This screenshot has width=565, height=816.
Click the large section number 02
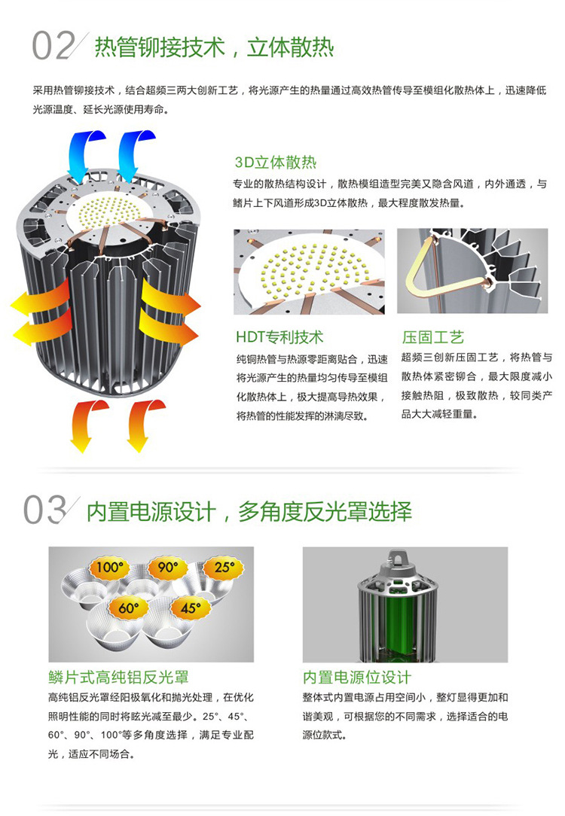coord(53,46)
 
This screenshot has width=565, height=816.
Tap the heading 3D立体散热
coord(276,163)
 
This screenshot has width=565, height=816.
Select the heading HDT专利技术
coord(279,337)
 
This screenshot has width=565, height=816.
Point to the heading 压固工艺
coord(432,337)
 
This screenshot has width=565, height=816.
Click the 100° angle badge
coord(108,568)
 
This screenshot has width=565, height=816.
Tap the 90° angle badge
coord(168,568)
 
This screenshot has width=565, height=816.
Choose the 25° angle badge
coord(224,568)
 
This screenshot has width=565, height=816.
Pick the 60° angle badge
coord(128,607)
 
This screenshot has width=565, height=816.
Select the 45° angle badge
coord(191,607)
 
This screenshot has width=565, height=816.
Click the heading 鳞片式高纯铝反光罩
coord(119,677)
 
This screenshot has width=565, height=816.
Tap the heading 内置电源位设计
coord(357,677)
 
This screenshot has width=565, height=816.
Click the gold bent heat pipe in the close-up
coord(429,269)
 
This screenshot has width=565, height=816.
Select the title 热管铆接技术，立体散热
coord(214,47)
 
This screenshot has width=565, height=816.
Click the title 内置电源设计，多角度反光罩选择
coord(249,512)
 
